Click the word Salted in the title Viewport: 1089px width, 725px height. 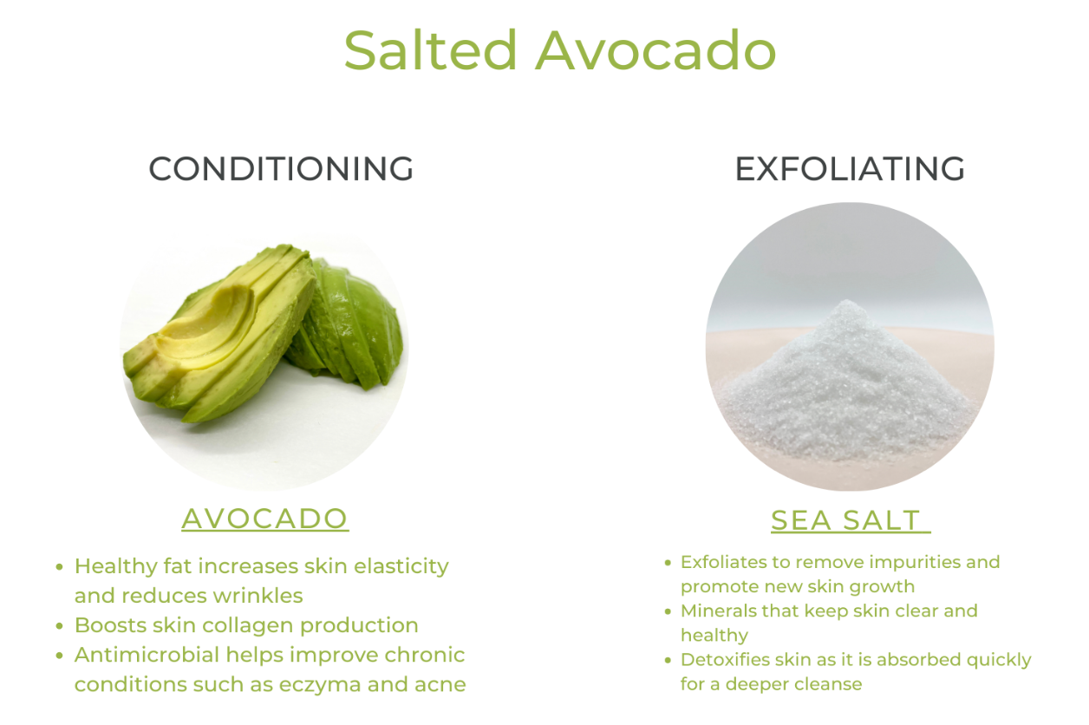(x=430, y=50)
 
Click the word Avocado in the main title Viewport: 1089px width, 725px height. (x=655, y=50)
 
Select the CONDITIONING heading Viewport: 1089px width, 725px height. (x=281, y=169)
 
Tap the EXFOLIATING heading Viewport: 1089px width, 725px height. (x=850, y=169)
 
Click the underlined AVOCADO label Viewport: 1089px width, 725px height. (x=265, y=519)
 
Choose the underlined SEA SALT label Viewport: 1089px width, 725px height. (x=846, y=520)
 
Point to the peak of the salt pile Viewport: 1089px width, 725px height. (x=846, y=302)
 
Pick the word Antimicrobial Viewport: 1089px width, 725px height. (x=147, y=655)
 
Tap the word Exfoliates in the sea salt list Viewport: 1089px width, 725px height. (x=723, y=562)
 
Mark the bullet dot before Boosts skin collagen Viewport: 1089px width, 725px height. (x=59, y=626)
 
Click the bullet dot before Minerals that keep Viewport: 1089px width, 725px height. (x=668, y=611)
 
